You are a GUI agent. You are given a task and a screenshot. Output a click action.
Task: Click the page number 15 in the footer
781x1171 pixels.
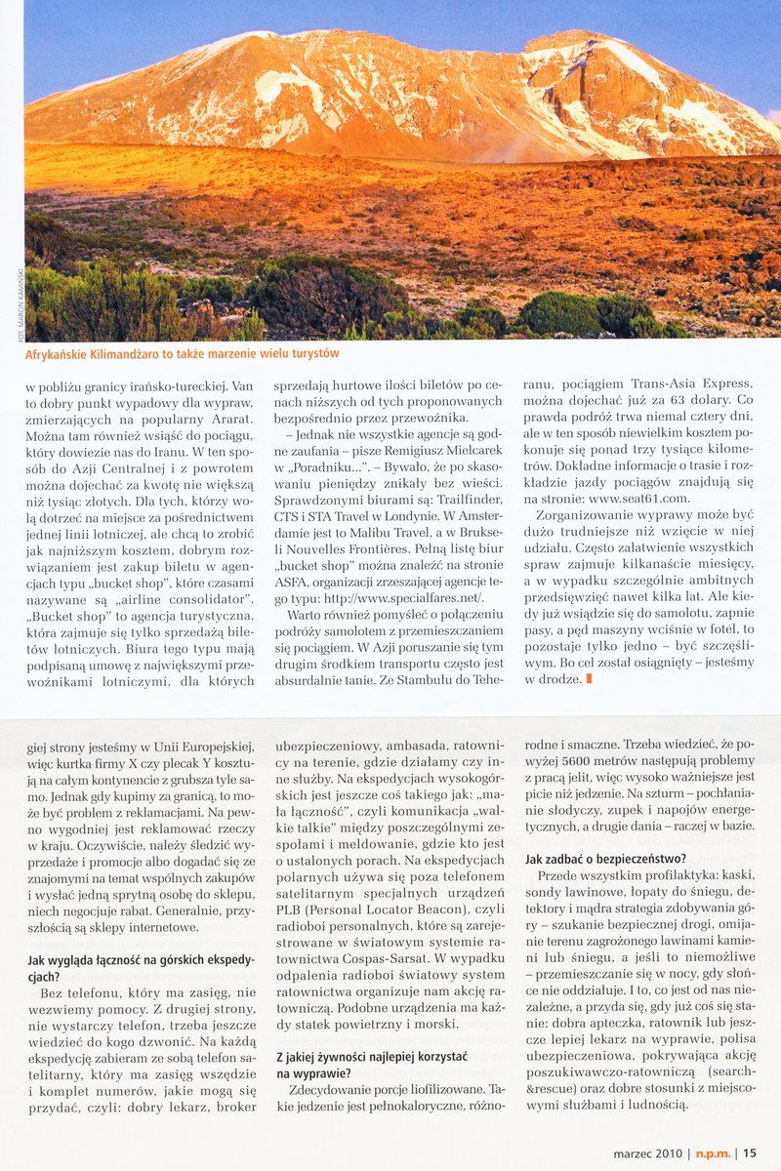(750, 1152)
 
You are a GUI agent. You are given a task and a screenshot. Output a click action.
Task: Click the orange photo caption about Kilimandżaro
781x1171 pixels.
(182, 353)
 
